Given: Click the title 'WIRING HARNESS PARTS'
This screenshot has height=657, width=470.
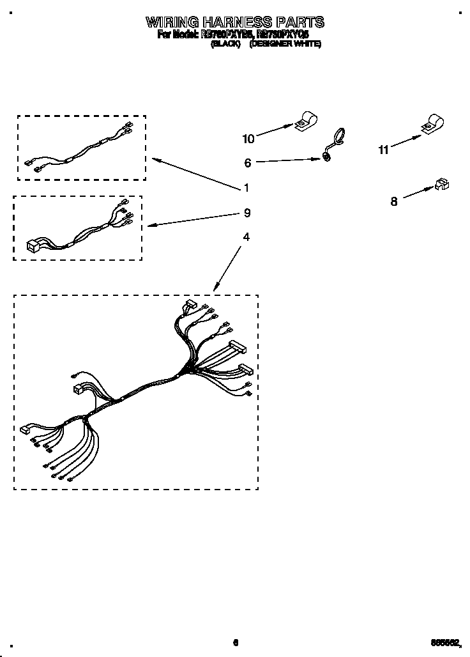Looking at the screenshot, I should tap(235, 22).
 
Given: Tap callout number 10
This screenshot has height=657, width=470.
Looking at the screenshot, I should tap(248, 139).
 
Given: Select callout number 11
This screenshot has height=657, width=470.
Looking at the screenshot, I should tap(383, 150).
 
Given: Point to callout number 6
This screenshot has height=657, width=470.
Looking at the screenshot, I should tap(248, 163).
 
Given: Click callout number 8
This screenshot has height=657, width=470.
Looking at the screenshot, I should tap(394, 201).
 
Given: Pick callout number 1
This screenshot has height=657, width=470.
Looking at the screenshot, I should tap(246, 188).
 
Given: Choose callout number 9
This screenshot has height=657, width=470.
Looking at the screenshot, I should tap(246, 213).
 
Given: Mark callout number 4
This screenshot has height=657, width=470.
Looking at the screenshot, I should tap(246, 236).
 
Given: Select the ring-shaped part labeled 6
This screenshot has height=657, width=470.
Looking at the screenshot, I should tap(335, 143).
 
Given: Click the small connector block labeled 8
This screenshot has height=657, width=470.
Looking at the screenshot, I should tap(441, 185).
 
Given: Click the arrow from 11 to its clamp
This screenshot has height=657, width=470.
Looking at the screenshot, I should tap(406, 141).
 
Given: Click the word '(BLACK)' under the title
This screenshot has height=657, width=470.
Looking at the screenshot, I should tap(225, 45).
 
